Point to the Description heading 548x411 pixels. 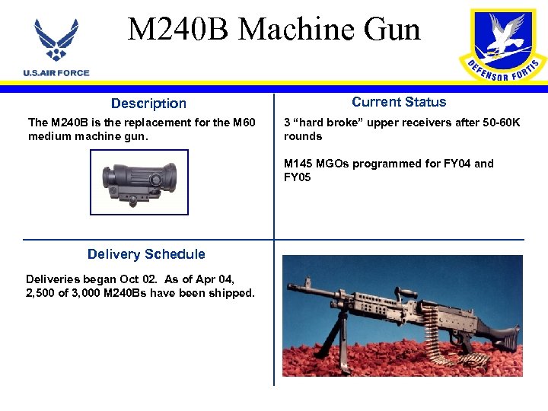point(148,104)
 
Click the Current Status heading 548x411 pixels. point(399,102)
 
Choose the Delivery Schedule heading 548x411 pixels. point(146,254)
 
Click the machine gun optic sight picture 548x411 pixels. point(139,182)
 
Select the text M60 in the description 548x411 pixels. point(243,123)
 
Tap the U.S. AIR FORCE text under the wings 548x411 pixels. point(56,73)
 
